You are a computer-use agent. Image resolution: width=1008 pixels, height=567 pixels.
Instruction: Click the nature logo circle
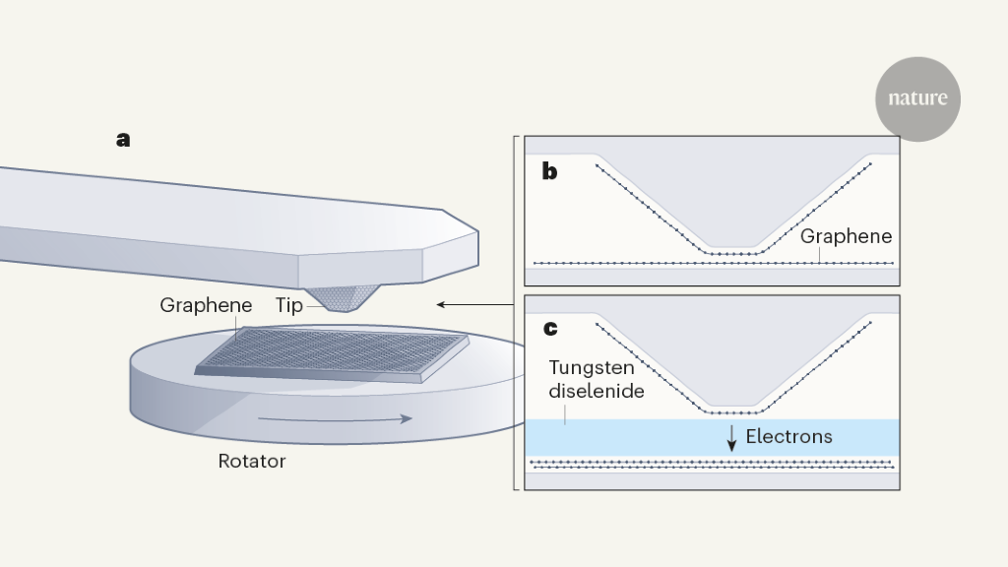click(917, 98)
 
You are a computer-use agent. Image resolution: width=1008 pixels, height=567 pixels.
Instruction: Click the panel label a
click(123, 140)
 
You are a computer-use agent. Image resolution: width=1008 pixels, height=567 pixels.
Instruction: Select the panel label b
click(549, 171)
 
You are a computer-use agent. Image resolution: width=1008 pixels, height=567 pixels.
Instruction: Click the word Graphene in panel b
click(846, 236)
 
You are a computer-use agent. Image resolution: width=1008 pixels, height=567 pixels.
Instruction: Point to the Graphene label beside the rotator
click(206, 305)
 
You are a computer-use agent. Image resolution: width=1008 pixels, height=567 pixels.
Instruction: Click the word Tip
click(289, 305)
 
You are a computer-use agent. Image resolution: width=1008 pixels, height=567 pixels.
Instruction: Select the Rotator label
click(252, 461)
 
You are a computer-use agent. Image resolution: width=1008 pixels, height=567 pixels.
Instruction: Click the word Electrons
click(788, 436)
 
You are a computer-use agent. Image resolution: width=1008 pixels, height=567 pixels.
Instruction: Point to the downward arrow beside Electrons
click(731, 438)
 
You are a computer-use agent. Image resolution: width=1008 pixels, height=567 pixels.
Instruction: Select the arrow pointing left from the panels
click(473, 304)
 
